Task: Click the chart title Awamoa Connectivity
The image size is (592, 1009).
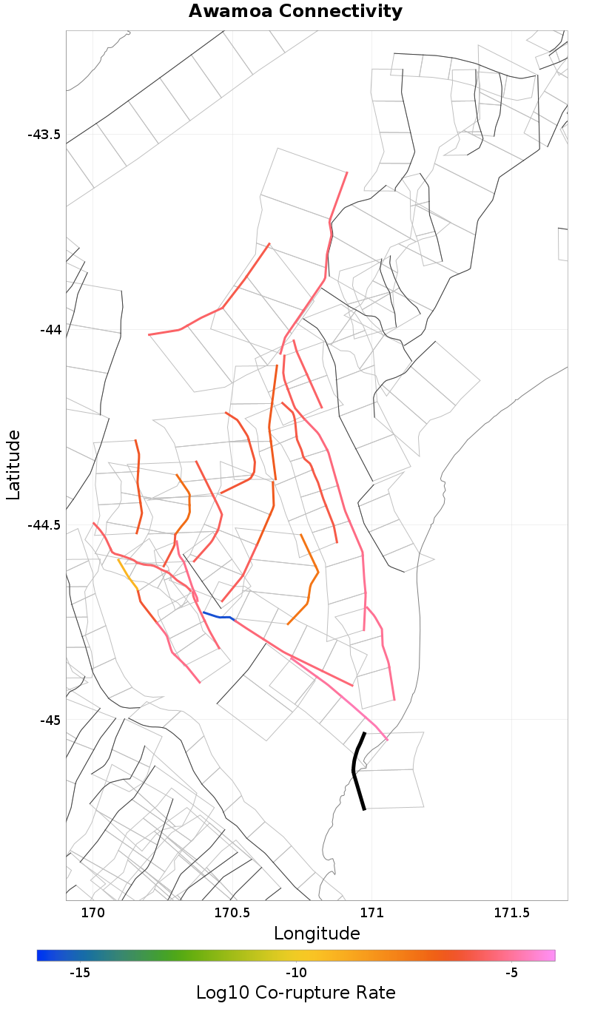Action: [x=295, y=12]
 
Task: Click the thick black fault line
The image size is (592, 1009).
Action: [x=355, y=769]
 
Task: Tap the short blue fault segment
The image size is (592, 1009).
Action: [x=218, y=616]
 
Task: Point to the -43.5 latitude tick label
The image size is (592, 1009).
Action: [x=44, y=135]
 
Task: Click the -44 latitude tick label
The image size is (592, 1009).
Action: [x=50, y=329]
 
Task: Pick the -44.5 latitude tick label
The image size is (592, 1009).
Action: [x=44, y=524]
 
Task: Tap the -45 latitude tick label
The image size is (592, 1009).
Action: [x=50, y=720]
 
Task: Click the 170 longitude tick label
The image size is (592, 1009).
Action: [x=92, y=913]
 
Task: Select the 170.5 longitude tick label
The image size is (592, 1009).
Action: [x=232, y=913]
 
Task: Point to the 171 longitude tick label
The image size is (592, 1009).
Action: [x=371, y=913]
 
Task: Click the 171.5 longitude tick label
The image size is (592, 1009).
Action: [x=511, y=913]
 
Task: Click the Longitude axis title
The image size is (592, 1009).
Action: [x=317, y=934]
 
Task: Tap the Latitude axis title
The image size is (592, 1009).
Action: [x=14, y=465]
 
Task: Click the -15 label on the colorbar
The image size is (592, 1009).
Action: [x=79, y=972]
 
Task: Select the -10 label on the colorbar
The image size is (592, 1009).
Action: [x=295, y=972]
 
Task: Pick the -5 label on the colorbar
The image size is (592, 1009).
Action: [x=511, y=972]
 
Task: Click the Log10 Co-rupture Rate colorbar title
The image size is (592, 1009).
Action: [x=295, y=993]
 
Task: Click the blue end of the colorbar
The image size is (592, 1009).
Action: [x=41, y=956]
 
